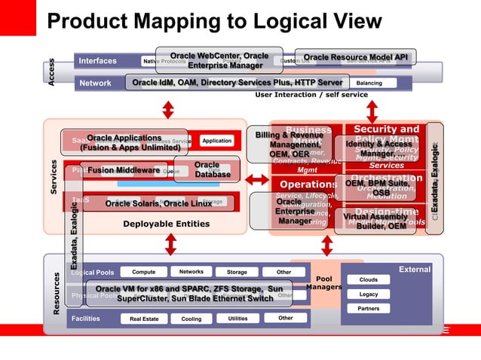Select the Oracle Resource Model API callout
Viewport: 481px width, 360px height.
point(355,57)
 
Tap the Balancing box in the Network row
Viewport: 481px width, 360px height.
point(369,83)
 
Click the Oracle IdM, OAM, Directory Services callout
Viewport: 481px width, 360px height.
point(237,82)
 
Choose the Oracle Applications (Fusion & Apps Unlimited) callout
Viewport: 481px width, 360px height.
point(124,142)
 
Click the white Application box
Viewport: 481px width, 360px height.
point(216,141)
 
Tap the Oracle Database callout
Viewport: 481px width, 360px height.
point(207,169)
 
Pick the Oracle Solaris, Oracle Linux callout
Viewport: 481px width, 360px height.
point(158,203)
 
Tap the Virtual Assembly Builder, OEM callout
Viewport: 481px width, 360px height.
point(375,221)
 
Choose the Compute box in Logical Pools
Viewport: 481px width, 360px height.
point(143,272)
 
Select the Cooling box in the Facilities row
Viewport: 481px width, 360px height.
point(191,319)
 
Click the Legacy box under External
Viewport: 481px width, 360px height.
point(369,294)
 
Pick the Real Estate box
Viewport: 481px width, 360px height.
point(144,319)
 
